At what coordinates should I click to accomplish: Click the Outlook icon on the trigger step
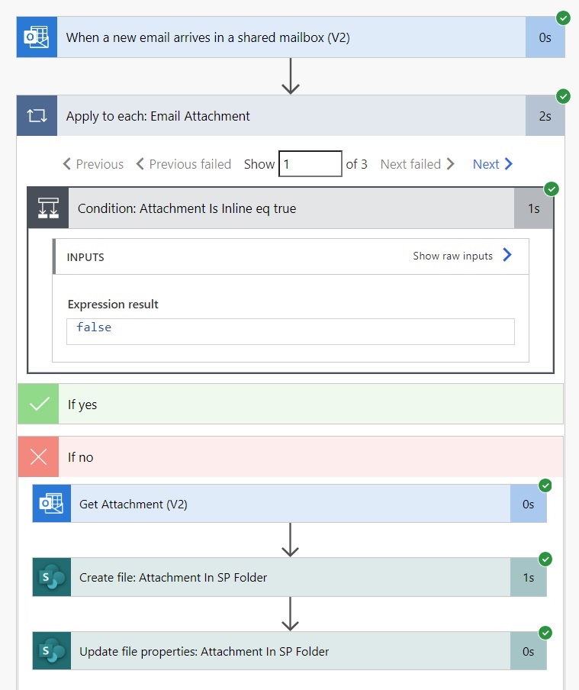pos(37,37)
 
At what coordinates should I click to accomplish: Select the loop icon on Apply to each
pos(37,116)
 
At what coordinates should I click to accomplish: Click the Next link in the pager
pos(493,164)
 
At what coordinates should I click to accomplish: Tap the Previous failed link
pos(184,164)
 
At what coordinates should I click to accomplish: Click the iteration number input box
pos(310,163)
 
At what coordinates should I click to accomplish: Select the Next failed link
pos(417,164)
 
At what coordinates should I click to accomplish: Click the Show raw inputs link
pos(462,255)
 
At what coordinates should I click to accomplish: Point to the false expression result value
pos(94,327)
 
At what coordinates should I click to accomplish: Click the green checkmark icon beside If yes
pos(38,404)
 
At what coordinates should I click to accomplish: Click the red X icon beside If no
pos(38,456)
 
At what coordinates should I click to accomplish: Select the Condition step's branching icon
pos(48,208)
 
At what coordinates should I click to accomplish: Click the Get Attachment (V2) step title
pos(133,504)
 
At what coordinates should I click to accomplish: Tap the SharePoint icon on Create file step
pos(51,577)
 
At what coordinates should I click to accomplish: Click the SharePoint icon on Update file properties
pos(51,651)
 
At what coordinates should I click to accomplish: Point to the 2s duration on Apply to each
pos(545,116)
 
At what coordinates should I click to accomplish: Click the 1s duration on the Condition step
pos(534,208)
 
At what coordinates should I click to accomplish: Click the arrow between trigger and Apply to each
pos(291,76)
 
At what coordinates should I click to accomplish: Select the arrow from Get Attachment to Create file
pos(290,540)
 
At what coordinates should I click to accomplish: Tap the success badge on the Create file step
pos(545,559)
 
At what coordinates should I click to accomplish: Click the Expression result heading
pos(113,304)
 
